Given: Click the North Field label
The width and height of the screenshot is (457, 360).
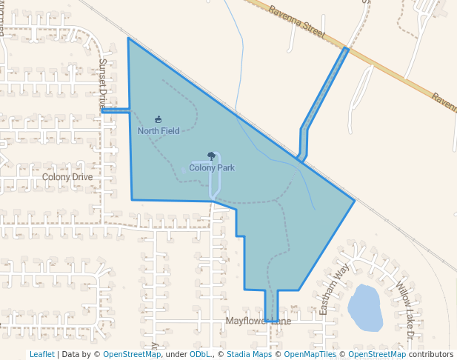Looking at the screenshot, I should click(x=159, y=131).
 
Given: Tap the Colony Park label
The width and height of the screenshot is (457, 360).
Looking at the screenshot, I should click(x=212, y=168).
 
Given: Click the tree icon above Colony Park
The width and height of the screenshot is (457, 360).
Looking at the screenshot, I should click(x=212, y=156).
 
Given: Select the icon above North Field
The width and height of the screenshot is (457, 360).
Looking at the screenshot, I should click(x=159, y=119).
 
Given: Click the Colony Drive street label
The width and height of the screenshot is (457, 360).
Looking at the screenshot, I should click(x=67, y=177).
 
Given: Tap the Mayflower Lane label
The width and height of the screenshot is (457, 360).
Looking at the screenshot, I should click(x=258, y=321).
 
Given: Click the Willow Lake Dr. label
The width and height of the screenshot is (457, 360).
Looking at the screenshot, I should click(x=404, y=310).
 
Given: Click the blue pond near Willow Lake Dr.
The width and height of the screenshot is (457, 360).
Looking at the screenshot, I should click(x=364, y=307).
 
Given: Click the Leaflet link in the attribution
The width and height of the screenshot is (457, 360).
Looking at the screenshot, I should click(x=42, y=354).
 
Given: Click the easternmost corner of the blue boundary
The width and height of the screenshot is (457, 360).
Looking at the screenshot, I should click(x=355, y=200).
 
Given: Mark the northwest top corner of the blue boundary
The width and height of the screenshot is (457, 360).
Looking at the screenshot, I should click(x=128, y=39).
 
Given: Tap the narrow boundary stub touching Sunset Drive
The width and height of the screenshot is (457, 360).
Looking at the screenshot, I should click(x=116, y=111).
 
